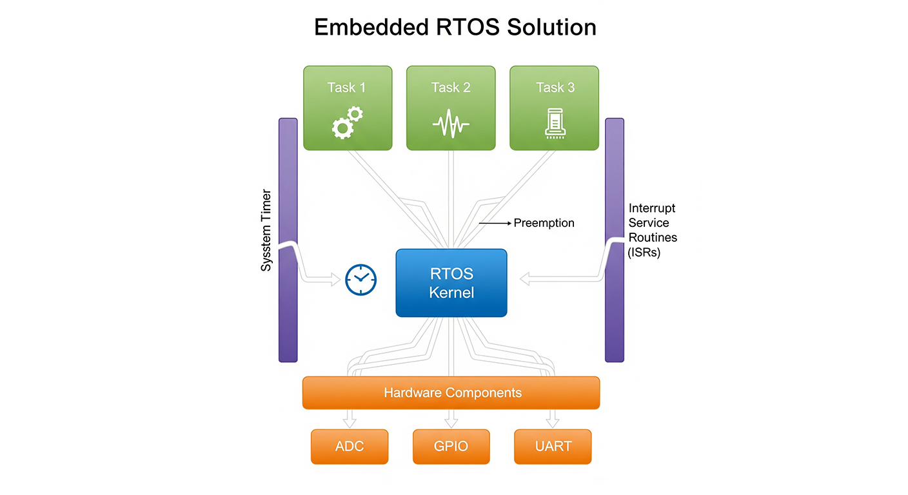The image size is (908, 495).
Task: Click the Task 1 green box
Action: pyautogui.click(x=348, y=108)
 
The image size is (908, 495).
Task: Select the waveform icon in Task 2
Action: pyautogui.click(x=451, y=123)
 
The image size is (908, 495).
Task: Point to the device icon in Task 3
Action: pyautogui.click(x=555, y=123)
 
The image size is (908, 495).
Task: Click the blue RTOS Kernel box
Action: pyautogui.click(x=451, y=283)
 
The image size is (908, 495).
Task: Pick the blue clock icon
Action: pyautogui.click(x=360, y=280)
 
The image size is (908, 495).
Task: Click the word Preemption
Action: pyautogui.click(x=544, y=223)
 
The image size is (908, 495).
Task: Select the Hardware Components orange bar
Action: pyautogui.click(x=451, y=393)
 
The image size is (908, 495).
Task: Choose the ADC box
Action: pyautogui.click(x=350, y=446)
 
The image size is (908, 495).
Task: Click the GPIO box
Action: pyautogui.click(x=451, y=446)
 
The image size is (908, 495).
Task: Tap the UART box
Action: pyautogui.click(x=553, y=446)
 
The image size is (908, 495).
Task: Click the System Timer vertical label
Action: pyautogui.click(x=266, y=230)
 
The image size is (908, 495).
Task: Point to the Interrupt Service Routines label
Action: pyautogui.click(x=652, y=230)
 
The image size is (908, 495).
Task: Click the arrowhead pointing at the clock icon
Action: pyautogui.click(x=335, y=279)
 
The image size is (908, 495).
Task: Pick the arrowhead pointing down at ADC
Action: pyautogui.click(x=350, y=422)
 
